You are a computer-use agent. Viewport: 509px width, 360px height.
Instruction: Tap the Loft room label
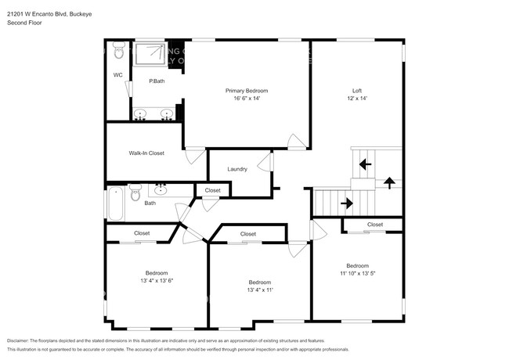pos(356,91)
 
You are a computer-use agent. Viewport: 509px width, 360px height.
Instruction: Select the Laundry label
pos(237,169)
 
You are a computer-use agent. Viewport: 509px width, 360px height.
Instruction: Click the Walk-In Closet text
pos(146,153)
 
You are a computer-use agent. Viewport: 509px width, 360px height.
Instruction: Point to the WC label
pos(117,75)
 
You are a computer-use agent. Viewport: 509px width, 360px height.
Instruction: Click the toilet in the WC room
pos(117,52)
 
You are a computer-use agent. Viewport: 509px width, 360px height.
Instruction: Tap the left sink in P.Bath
pos(141,114)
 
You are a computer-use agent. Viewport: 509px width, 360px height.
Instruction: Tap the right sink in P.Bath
pos(166,114)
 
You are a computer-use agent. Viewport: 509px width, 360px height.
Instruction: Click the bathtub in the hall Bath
pos(114,203)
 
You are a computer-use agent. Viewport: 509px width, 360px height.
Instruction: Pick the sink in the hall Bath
pos(161,189)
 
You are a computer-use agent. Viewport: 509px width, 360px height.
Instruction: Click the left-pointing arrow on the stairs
pos(365,164)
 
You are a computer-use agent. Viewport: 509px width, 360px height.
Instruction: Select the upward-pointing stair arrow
pos(389,182)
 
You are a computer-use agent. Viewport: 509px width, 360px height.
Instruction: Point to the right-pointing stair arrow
pos(346,203)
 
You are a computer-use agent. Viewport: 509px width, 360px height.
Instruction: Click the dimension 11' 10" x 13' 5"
pos(357,274)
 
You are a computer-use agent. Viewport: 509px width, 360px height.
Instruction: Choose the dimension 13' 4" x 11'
pos(260,290)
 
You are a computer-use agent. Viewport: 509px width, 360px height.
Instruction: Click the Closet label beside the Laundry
pos(213,190)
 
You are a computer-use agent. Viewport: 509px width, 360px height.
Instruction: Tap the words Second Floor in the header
pos(24,23)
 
